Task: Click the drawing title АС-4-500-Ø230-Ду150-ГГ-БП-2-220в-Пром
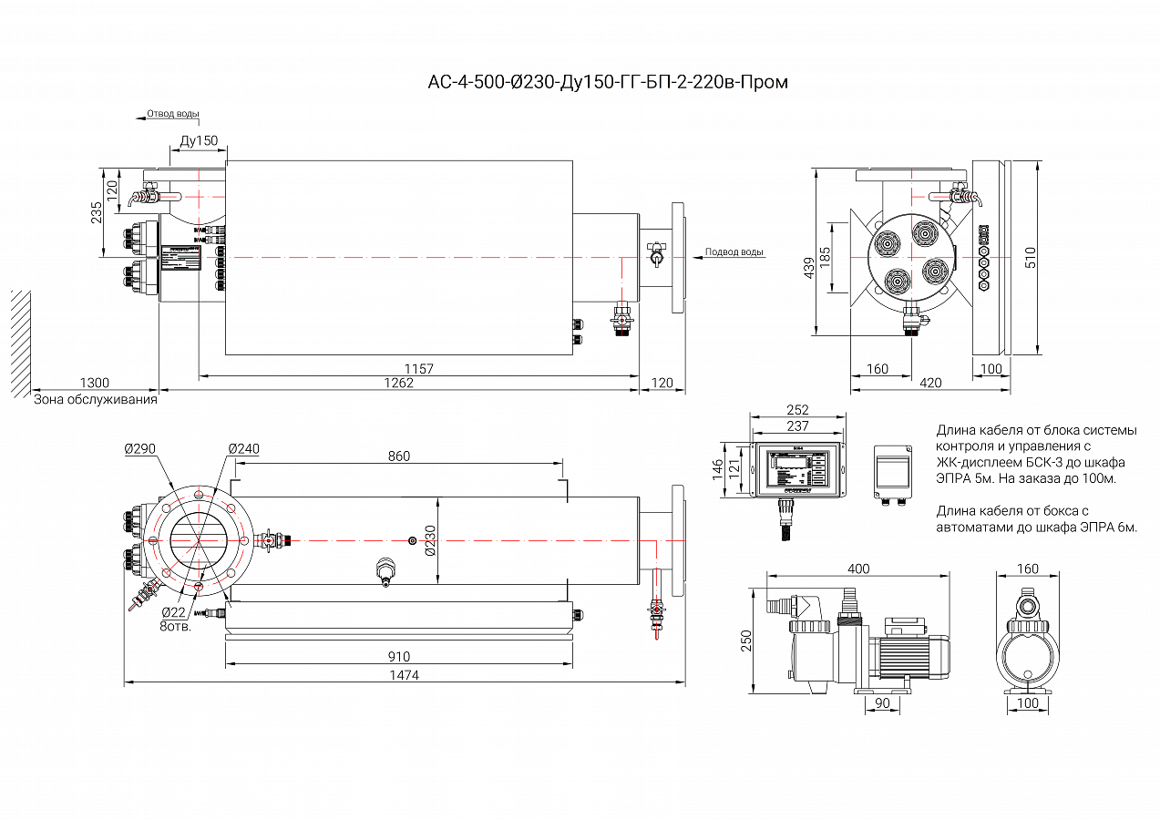click(608, 83)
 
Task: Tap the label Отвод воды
click(173, 115)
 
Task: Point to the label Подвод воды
click(734, 252)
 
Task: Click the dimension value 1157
click(419, 369)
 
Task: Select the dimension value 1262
click(397, 384)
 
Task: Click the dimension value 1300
click(94, 384)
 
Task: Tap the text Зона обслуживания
click(96, 399)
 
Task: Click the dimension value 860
click(399, 456)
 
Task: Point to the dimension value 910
click(399, 657)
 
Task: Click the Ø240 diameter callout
click(243, 449)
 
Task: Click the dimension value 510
click(1031, 258)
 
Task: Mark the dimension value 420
click(930, 384)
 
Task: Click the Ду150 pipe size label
click(199, 141)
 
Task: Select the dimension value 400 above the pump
click(858, 569)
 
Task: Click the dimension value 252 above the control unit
click(797, 411)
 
